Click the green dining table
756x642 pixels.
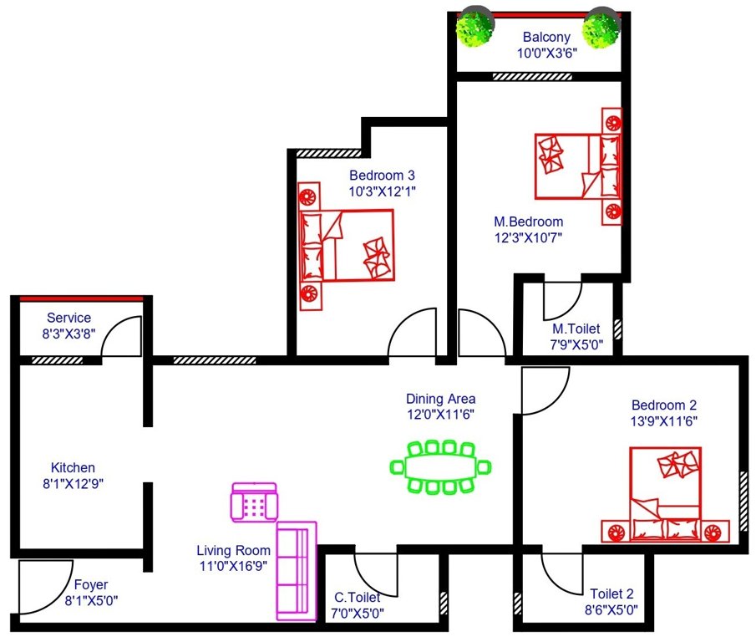point(440,466)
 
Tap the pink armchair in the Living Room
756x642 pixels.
point(254,502)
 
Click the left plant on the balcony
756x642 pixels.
point(474,30)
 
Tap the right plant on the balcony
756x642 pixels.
point(601,30)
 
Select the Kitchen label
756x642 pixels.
point(73,467)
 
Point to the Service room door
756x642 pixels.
point(125,339)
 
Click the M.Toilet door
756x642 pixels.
point(561,302)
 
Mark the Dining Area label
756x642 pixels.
point(440,399)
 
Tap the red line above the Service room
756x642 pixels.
point(81,298)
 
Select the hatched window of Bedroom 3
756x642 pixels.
point(329,153)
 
